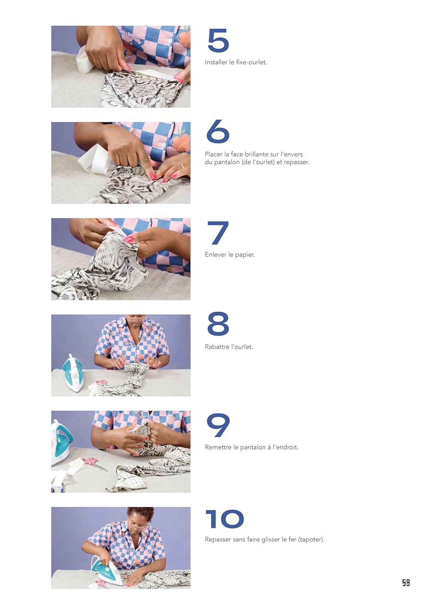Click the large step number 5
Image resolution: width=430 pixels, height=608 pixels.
(218, 41)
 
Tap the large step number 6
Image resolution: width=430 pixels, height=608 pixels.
(218, 131)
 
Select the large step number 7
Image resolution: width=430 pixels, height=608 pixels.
(218, 233)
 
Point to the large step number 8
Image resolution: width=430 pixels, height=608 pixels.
(218, 323)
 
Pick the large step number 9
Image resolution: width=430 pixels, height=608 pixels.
(218, 425)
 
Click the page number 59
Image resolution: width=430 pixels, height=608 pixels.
(406, 583)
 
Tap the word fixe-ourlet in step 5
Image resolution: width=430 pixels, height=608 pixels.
(251, 62)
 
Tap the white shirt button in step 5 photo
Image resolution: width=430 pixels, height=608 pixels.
(171, 41)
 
